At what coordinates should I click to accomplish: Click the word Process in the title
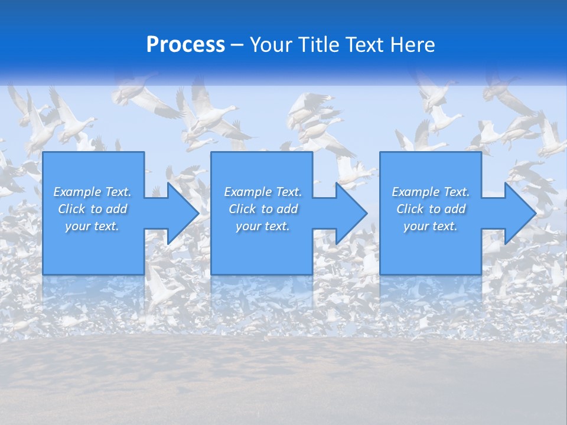[x=185, y=45]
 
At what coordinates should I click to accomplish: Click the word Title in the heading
[x=317, y=45]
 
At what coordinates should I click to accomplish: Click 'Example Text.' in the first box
[x=92, y=192]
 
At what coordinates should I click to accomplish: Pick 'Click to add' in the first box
[x=92, y=209]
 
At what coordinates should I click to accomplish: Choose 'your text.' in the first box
[x=92, y=226]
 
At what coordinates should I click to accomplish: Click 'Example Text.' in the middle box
[x=262, y=192]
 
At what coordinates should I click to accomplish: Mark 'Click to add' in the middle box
[x=262, y=209]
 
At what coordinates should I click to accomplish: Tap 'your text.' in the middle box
[x=262, y=226]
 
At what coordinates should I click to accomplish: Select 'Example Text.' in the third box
[x=431, y=192]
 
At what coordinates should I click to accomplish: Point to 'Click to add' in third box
[x=431, y=209]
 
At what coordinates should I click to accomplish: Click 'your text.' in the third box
[x=431, y=226]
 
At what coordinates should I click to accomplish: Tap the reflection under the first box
[x=93, y=295]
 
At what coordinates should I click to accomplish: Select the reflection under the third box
[x=431, y=295]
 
